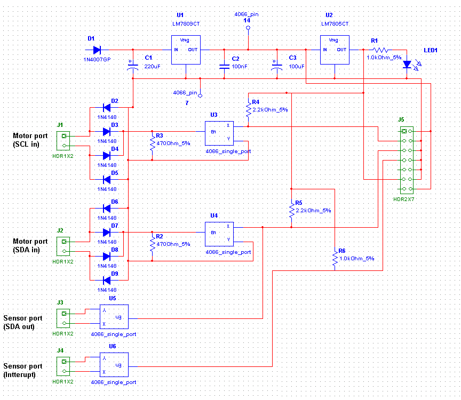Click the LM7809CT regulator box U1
(185, 50)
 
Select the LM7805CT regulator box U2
(335, 50)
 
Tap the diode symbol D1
(97, 50)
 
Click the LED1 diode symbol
(407, 64)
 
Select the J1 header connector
(64, 140)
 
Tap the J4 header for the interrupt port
(64, 366)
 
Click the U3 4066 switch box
(219, 134)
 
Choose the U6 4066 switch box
(114, 365)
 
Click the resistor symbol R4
(248, 110)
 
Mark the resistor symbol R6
(335, 260)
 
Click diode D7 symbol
(106, 233)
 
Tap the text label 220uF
(153, 67)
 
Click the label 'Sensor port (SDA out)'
(23, 322)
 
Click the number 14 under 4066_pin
(247, 20)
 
